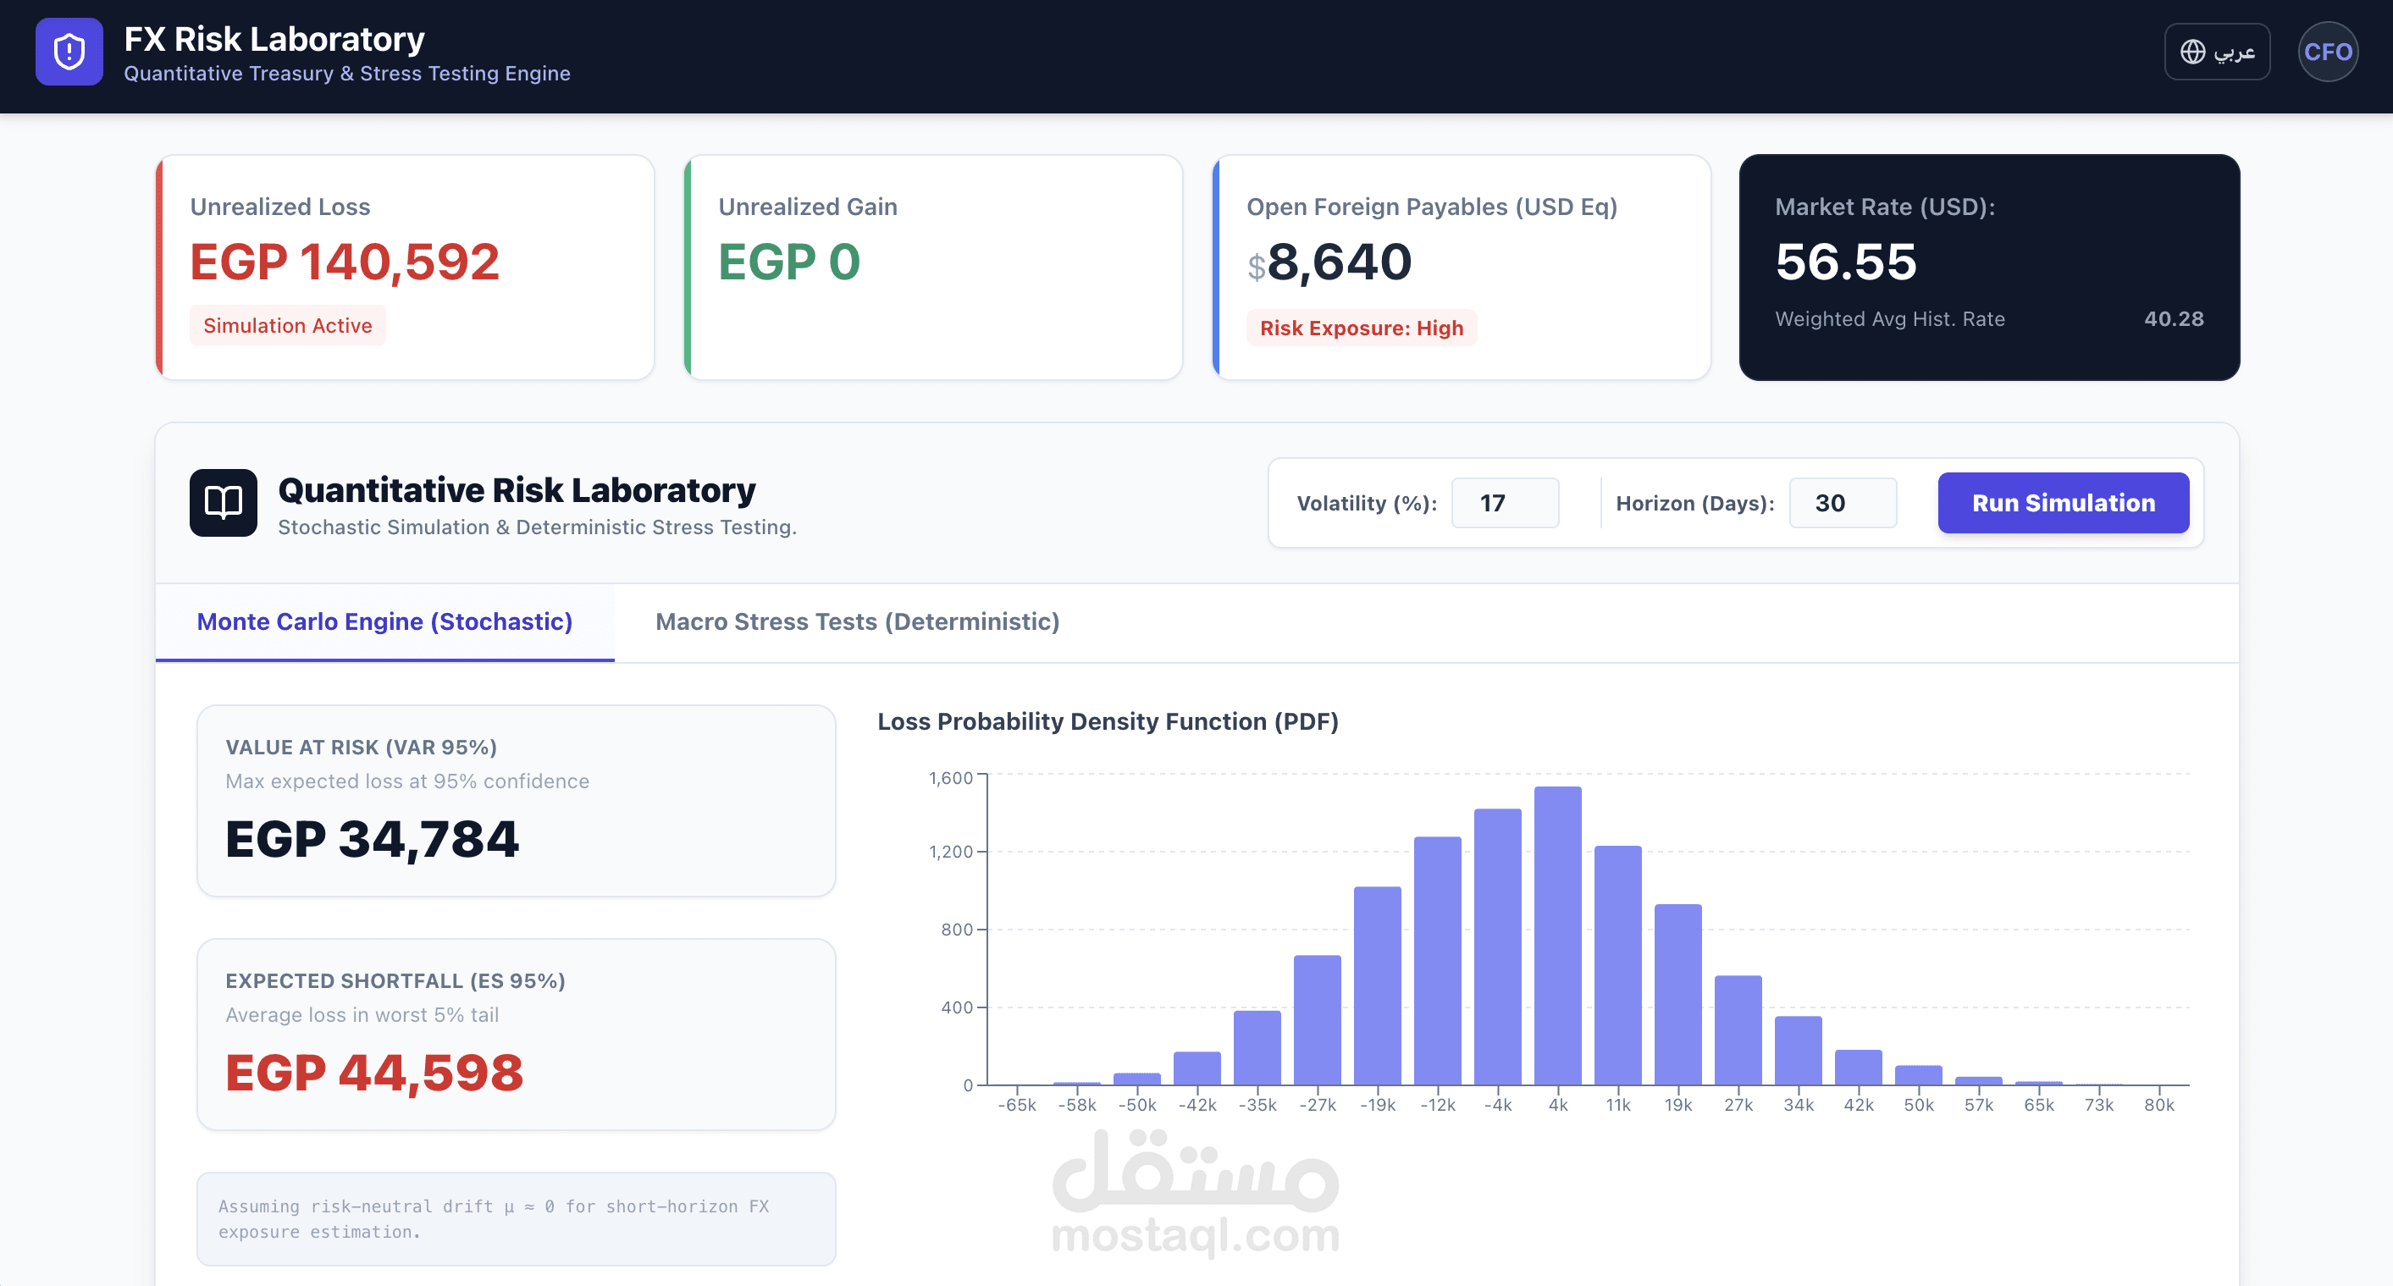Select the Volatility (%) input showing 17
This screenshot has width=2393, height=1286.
click(x=1504, y=503)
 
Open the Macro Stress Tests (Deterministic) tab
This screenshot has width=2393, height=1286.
click(x=856, y=621)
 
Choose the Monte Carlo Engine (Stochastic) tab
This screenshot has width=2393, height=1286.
click(x=384, y=621)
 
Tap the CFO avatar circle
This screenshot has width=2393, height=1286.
click(x=2327, y=52)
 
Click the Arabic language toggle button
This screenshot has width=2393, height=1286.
click(x=2217, y=52)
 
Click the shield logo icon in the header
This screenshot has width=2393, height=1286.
click(x=69, y=52)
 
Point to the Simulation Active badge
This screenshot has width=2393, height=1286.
click(x=287, y=326)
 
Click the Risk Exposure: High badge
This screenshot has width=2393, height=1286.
click(x=1361, y=328)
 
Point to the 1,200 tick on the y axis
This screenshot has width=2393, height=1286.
click(x=950, y=852)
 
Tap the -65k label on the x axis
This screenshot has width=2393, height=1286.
click(x=1017, y=1105)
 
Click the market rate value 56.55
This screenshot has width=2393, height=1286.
click(x=1845, y=262)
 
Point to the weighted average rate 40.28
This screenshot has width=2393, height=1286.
click(x=2173, y=319)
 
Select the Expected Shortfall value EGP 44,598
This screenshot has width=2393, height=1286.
click(x=374, y=1073)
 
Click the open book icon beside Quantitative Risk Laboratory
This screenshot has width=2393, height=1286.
click(x=223, y=502)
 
